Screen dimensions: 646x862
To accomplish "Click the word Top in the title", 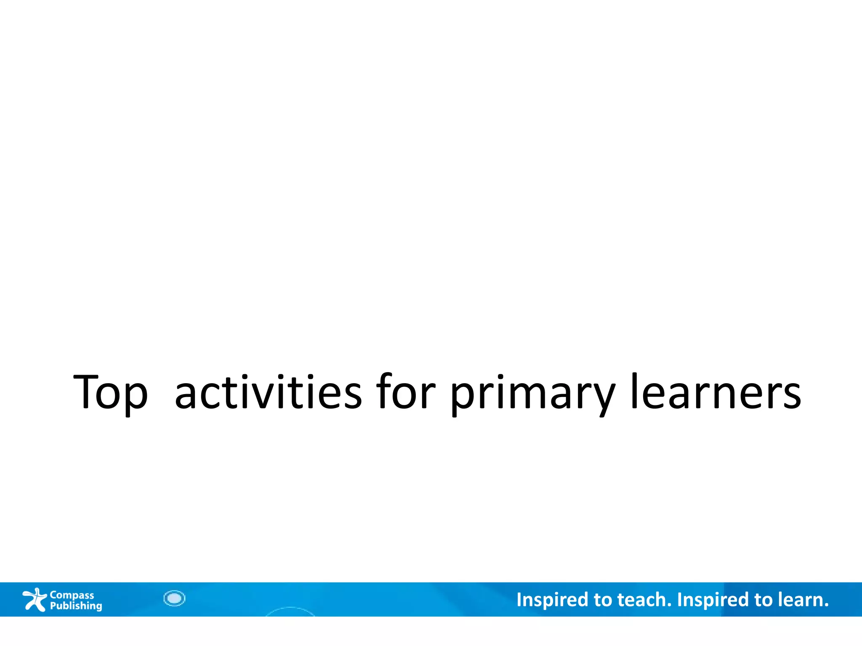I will pos(110,392).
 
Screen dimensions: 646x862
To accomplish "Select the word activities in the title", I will pos(268,392).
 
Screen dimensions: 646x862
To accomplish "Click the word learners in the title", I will pos(716,392).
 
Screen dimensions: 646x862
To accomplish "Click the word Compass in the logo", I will pos(72,595).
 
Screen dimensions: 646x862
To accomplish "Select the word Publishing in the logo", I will pos(76,606).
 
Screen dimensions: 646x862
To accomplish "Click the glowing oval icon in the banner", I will pos(174,598).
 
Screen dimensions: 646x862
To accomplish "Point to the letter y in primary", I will pos(602,397).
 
